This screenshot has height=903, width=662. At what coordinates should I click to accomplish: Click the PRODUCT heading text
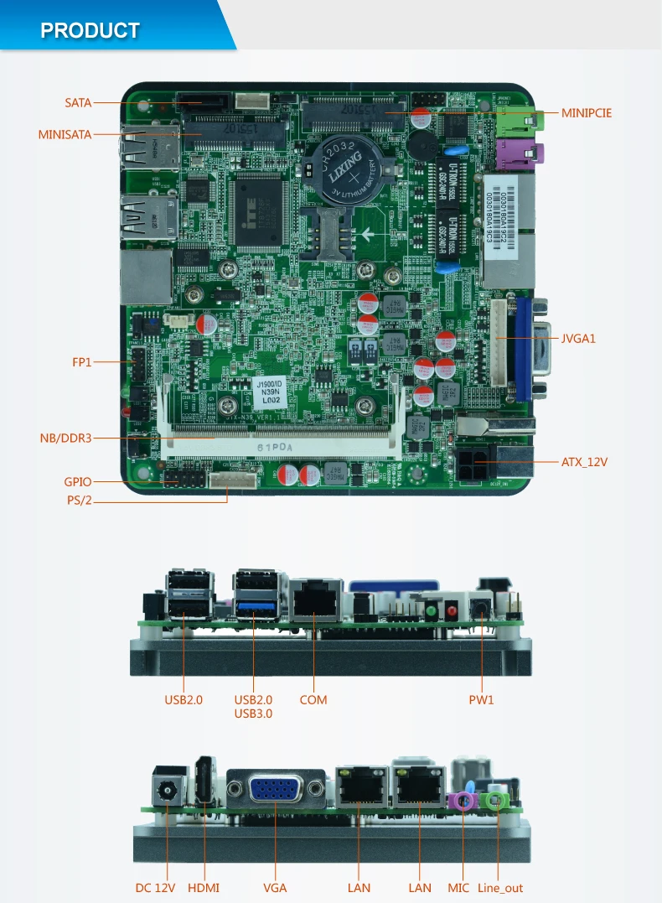90,31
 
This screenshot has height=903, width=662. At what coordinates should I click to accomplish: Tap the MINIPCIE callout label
587,112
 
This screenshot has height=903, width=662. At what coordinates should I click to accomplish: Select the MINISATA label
65,133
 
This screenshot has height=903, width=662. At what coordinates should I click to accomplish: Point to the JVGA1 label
577,339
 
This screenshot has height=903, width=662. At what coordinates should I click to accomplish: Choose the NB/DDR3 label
65,437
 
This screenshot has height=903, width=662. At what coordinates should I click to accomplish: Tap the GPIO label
78,482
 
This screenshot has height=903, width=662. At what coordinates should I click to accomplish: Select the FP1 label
81,362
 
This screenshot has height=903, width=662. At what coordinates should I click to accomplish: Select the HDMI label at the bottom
204,887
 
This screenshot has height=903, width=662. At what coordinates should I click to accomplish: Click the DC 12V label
155,887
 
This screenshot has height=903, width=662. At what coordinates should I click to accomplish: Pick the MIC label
458,887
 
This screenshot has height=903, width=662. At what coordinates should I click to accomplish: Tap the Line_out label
500,887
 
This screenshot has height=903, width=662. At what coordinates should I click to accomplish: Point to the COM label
313,699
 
